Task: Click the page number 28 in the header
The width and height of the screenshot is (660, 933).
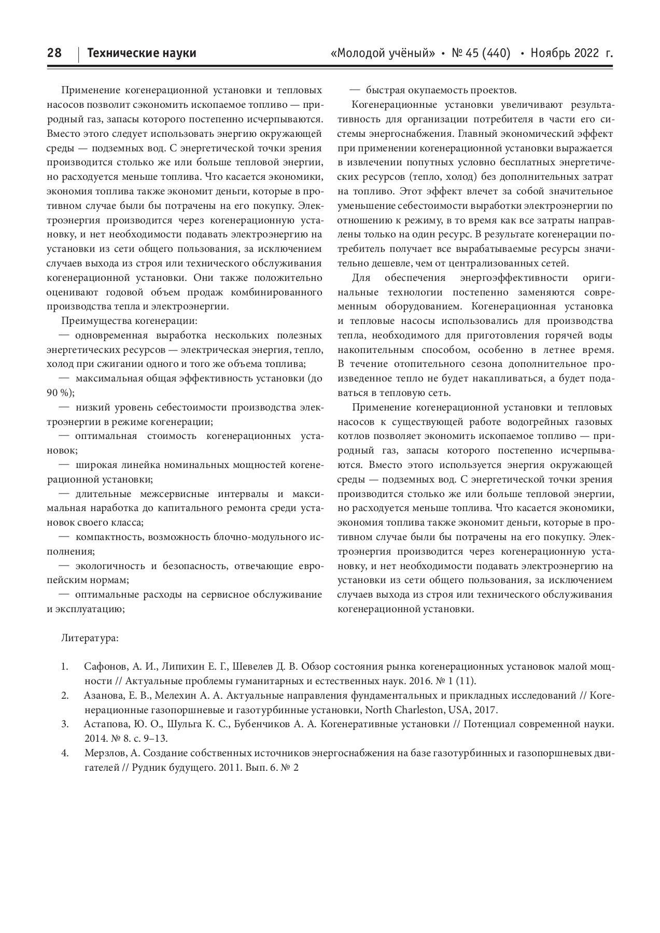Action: click(x=54, y=53)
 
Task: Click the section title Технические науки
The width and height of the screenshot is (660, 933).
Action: click(x=142, y=53)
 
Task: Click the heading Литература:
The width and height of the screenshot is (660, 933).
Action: click(x=90, y=638)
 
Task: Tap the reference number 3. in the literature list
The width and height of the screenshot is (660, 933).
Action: click(x=65, y=724)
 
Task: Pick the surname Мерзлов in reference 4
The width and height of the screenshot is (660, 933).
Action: click(x=104, y=753)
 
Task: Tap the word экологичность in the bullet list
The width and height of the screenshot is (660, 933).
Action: click(x=110, y=566)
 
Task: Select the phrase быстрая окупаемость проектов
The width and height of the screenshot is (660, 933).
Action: click(x=441, y=90)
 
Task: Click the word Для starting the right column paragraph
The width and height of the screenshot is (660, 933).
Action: click(x=361, y=278)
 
